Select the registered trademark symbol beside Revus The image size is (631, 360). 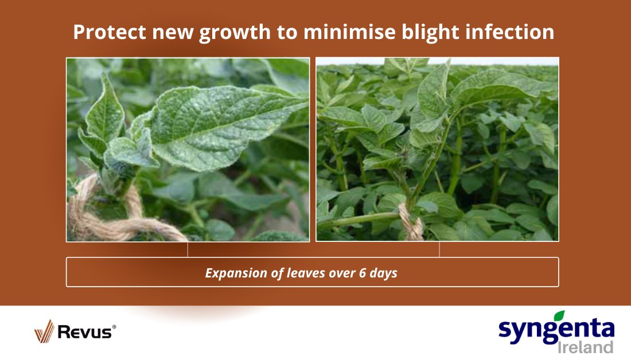pos(114,327)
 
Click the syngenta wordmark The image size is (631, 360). pos(554,330)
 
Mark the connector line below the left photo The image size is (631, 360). pos(188,249)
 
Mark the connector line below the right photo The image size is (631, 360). pos(439,249)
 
